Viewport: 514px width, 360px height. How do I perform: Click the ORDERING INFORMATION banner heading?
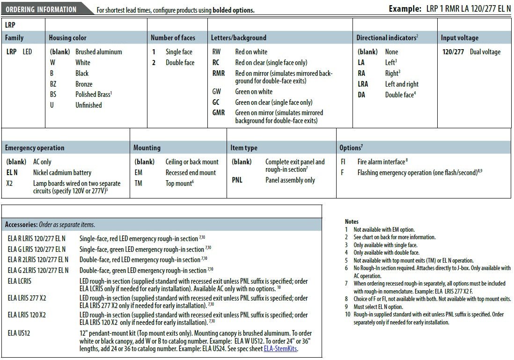[41, 9]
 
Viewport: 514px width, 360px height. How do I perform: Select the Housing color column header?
[67, 38]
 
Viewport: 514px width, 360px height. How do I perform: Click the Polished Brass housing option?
[94, 95]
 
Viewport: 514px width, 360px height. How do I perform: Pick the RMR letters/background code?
[219, 73]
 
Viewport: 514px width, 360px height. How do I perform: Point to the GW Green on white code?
[217, 92]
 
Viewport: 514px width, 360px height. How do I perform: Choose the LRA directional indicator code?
[363, 84]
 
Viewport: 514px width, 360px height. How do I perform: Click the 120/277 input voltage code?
[453, 52]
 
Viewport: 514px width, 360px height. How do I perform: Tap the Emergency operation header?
[35, 148]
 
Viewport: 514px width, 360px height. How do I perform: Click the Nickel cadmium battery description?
[62, 173]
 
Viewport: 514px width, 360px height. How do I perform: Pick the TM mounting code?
[139, 184]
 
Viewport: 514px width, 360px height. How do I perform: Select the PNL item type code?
[237, 180]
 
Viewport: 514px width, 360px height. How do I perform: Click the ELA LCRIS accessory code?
[20, 281]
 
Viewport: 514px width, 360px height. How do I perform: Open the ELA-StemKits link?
[280, 349]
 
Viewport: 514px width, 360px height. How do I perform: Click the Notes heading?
[352, 221]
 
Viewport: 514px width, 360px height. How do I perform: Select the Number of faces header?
[173, 38]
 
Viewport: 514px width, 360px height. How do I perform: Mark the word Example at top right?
[405, 9]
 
